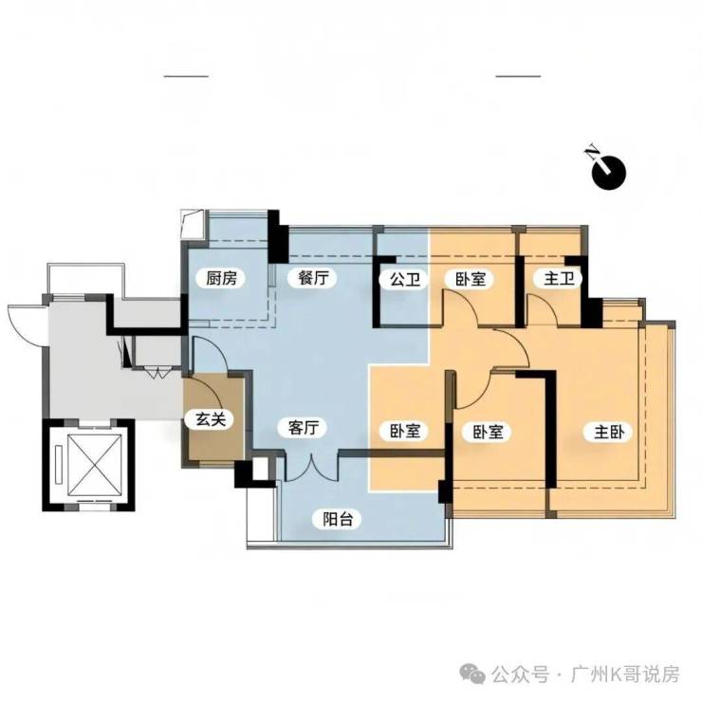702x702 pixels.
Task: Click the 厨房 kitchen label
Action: tap(221, 279)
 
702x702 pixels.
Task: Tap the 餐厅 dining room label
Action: tap(313, 278)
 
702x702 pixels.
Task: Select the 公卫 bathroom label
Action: tap(405, 279)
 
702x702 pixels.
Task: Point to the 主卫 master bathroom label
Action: tap(559, 279)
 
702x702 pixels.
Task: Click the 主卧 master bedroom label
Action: tap(609, 432)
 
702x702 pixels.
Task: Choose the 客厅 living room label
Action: tap(304, 428)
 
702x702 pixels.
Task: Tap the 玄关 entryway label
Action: tap(211, 419)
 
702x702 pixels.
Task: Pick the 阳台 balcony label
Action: tap(339, 519)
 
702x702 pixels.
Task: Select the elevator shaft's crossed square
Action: tap(95, 464)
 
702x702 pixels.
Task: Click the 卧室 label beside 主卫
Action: tap(471, 279)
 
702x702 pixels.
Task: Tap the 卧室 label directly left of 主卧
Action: tap(489, 432)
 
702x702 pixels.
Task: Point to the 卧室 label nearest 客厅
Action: tap(406, 431)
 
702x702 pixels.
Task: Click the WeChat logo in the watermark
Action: tap(473, 674)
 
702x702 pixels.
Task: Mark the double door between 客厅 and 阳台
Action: tap(311, 468)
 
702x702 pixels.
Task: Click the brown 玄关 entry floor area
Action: tap(214, 418)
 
